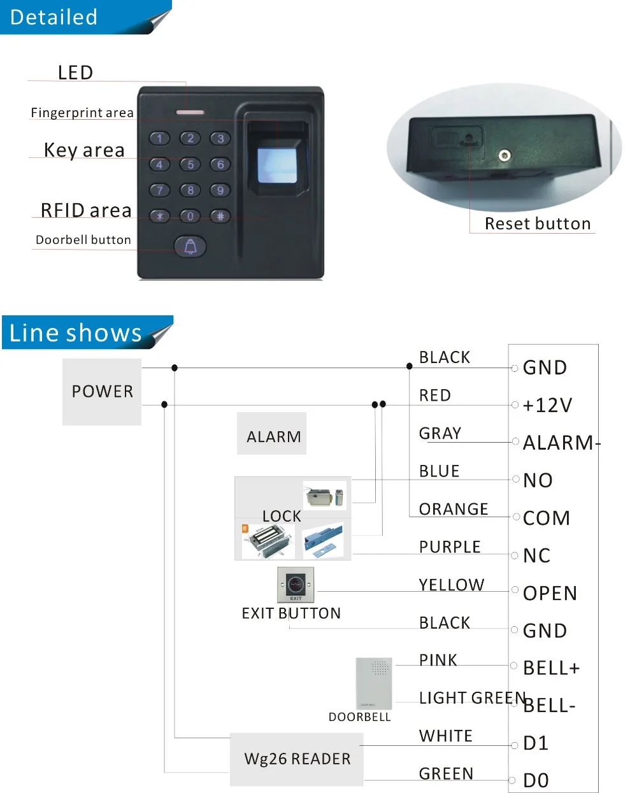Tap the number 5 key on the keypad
[190, 164]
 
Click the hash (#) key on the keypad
[220, 216]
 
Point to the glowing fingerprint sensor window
[276, 165]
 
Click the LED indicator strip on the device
[190, 113]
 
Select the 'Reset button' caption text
[538, 224]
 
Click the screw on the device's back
[505, 155]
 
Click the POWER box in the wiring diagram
[102, 391]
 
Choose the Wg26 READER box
[297, 759]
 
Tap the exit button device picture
[296, 585]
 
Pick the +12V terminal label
[547, 405]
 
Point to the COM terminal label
[546, 518]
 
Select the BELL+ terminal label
[551, 668]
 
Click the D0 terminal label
[536, 780]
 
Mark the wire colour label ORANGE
[454, 509]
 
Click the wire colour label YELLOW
[452, 585]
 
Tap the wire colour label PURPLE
[450, 547]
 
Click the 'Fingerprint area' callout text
[82, 113]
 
